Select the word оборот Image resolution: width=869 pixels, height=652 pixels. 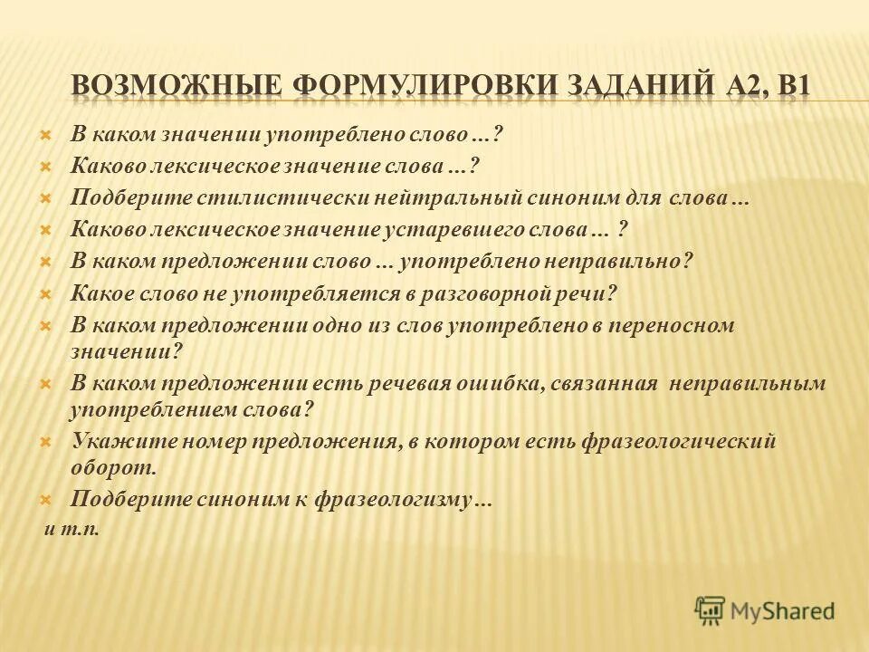[113, 467]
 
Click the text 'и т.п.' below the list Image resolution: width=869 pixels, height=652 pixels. [72, 528]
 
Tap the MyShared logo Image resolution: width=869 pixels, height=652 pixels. [765, 610]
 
